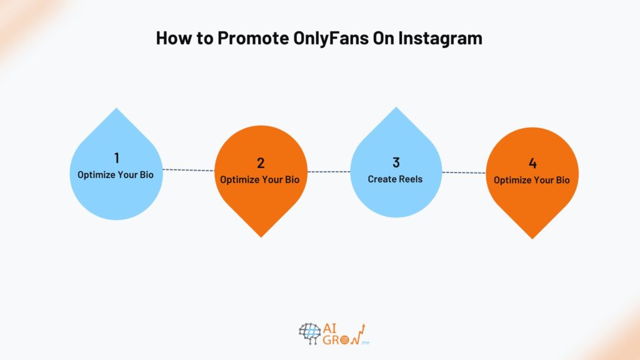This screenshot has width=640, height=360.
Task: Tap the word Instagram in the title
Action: tap(444, 38)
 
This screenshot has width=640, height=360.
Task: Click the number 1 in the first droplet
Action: tap(116, 159)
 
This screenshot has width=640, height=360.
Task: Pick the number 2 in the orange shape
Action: tap(261, 163)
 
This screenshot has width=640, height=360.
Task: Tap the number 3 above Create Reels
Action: tap(396, 162)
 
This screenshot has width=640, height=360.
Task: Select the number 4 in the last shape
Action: tap(532, 164)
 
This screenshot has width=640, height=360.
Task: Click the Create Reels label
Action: tap(395, 179)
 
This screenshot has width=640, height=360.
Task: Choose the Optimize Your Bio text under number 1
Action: tap(116, 175)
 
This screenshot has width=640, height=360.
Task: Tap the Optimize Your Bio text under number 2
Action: tap(260, 180)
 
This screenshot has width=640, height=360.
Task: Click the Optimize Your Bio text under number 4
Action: tap(532, 181)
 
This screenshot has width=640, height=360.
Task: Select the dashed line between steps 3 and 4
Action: tap(464, 172)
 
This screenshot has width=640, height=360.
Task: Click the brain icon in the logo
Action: tap(309, 334)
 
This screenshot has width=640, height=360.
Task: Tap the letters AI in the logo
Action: tap(332, 327)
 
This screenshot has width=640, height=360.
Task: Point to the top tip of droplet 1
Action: tap(116, 109)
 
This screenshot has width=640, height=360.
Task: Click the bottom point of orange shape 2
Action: tap(261, 236)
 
